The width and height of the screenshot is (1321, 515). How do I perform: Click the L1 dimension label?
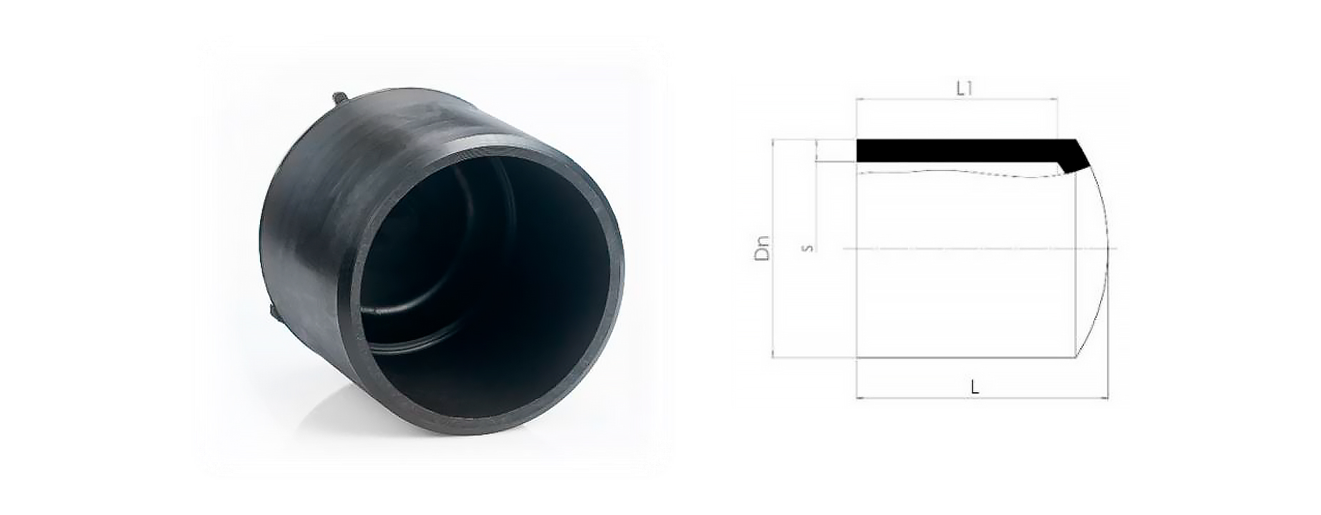(964, 89)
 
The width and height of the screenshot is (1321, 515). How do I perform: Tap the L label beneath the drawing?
(974, 387)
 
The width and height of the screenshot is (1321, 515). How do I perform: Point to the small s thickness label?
(807, 248)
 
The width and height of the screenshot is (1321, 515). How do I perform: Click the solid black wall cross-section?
(957, 150)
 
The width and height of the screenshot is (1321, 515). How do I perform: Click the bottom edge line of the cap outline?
(964, 357)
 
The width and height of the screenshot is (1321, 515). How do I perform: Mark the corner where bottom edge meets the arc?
(1075, 356)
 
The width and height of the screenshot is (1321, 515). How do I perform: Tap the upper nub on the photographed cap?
(337, 99)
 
